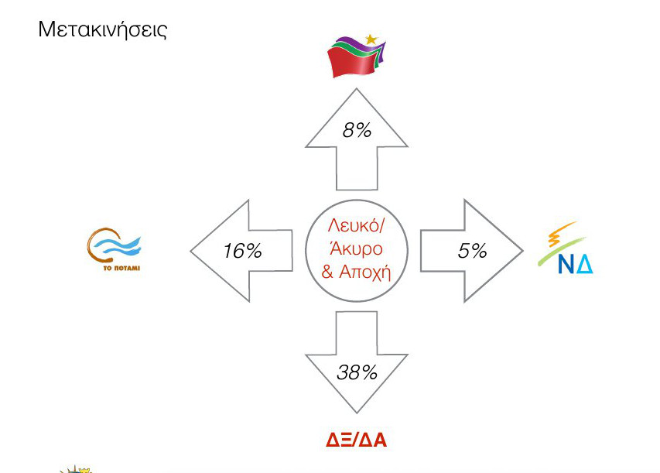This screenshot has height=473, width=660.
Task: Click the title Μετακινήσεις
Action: (103, 30)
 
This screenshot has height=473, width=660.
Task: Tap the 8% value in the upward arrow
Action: (357, 130)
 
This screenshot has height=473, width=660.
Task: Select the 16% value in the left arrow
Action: (242, 251)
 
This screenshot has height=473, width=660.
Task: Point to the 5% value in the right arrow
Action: (472, 251)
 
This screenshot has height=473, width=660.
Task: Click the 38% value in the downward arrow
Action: (357, 372)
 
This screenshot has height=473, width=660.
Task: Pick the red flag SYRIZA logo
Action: (356, 57)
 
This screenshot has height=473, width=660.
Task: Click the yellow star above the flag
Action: (371, 39)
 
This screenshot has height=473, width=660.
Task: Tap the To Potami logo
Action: (114, 250)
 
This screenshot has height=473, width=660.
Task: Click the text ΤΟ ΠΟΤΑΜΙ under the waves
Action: (121, 268)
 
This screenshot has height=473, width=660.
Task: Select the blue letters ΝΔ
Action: (575, 265)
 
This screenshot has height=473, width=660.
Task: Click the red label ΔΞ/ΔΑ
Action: (356, 440)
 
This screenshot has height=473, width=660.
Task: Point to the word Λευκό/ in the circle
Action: (356, 226)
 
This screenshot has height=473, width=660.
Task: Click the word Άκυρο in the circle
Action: (356, 248)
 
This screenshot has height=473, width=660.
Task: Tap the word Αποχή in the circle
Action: (365, 272)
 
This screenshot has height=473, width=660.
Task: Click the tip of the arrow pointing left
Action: (190, 252)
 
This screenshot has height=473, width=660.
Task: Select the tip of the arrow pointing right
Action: (523, 251)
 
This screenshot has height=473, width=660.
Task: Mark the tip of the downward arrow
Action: (357, 413)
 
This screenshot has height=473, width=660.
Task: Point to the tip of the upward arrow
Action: (357, 88)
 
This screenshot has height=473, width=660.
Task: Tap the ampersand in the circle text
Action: (327, 272)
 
